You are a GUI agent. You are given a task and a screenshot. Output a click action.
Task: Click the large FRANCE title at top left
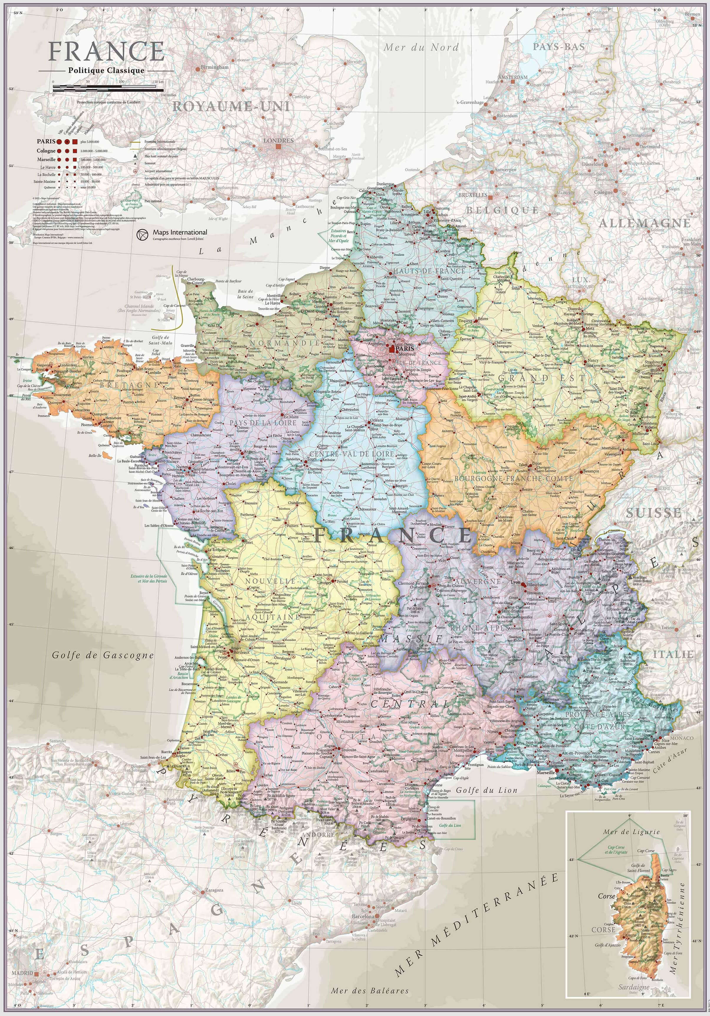tap(106, 52)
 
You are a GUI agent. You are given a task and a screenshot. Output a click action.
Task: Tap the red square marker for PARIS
tap(392, 349)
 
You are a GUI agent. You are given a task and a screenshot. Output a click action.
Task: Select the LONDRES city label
tap(278, 140)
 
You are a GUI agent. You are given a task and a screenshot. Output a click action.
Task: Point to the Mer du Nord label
tap(421, 47)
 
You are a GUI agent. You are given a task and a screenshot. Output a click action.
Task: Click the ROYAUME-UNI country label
tap(231, 107)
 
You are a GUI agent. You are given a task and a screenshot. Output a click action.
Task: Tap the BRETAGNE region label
tap(129, 385)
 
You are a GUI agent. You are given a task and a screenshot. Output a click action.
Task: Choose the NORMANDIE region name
tap(285, 343)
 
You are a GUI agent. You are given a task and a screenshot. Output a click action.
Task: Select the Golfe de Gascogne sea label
tap(103, 656)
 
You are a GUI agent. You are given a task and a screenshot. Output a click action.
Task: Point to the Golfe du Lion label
tap(486, 790)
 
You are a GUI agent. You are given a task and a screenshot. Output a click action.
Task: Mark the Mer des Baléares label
tap(369, 999)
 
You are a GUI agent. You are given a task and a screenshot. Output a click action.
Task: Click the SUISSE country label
tap(653, 513)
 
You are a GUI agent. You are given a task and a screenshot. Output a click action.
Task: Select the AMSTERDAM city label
tap(513, 77)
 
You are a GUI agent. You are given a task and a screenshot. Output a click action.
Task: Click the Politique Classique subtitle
tap(106, 70)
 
